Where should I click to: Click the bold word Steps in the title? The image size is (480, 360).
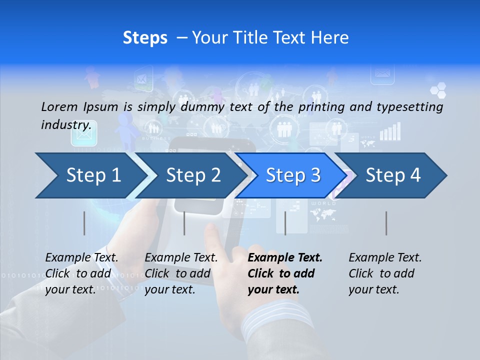[x=145, y=38]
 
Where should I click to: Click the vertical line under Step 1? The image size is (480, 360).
[x=84, y=223]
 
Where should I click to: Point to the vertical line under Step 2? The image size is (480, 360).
[x=184, y=223]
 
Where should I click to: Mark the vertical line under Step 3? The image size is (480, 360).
[x=285, y=223]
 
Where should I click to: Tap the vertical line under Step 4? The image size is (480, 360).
[x=386, y=223]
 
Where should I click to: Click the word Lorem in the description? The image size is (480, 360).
[x=59, y=106]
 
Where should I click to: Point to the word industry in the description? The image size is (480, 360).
[x=66, y=125]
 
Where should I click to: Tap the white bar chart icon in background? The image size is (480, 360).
[x=390, y=131]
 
